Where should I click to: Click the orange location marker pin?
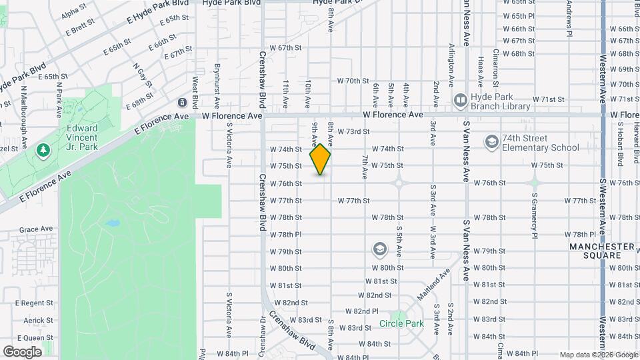pos(321,159)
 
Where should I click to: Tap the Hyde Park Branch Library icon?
pos(460,101)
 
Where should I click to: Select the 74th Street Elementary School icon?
pos(492,142)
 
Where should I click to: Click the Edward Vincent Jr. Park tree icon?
pos(44,150)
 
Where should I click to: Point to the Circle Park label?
pos(401,324)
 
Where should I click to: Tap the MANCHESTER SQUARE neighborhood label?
pos(602,251)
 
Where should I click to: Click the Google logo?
pos(23,351)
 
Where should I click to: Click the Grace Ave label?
pos(36,229)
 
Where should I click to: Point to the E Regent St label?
pos(37,303)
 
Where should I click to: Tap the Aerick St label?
pos(38,321)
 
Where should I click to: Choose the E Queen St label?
pos(37,338)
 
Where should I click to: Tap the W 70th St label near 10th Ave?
pos(353,81)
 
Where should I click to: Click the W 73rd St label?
pos(353,132)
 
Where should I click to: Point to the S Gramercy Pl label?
pos(535,215)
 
